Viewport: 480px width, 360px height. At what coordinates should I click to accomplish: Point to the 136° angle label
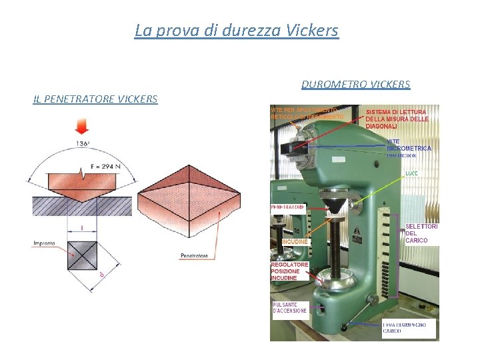[x=83, y=143]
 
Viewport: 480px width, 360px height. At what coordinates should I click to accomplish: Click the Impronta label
[x=44, y=243]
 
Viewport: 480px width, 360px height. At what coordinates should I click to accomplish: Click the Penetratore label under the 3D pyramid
[x=194, y=255]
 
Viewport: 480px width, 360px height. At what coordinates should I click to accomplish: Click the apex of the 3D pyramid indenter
[x=189, y=169]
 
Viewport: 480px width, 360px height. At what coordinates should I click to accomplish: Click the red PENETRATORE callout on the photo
[x=288, y=207]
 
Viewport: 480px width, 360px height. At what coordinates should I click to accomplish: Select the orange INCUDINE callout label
[x=295, y=241]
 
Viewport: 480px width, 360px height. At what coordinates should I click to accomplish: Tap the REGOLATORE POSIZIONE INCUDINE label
[x=289, y=271]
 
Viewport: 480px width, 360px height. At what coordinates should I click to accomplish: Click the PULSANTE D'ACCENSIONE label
[x=290, y=307]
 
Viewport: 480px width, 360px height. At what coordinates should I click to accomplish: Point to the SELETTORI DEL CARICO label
[x=421, y=233]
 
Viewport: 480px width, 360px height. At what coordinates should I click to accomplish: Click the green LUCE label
[x=412, y=173]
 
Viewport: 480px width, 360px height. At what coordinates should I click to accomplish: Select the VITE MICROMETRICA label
[x=409, y=145]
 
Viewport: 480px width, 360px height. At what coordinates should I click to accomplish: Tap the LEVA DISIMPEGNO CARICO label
[x=409, y=328]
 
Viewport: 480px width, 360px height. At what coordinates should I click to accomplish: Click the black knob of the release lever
[x=344, y=327]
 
